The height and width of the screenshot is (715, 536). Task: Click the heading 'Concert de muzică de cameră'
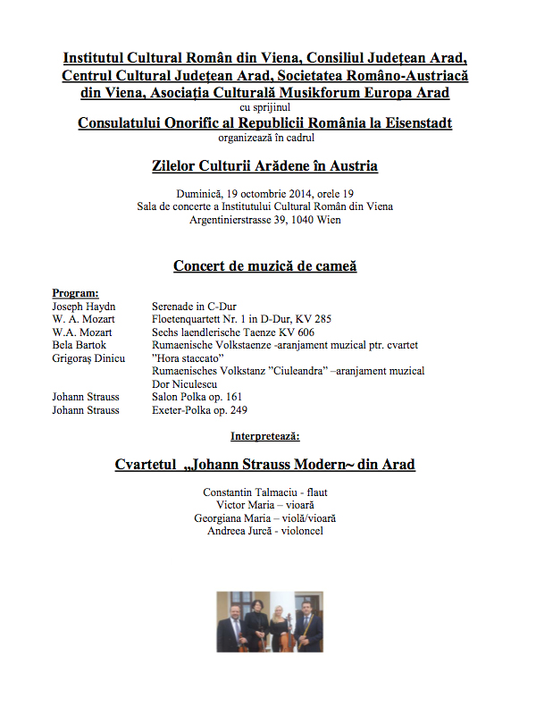tap(266, 265)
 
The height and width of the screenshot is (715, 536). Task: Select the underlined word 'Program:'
tap(76, 293)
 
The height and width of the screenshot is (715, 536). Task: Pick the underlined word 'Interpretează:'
tap(265, 436)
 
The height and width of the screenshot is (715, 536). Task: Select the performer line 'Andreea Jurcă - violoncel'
tap(264, 531)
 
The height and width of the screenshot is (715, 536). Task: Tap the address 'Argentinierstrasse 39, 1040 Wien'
tap(265, 219)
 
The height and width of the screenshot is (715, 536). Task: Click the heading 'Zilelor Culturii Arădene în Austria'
tap(265, 166)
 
